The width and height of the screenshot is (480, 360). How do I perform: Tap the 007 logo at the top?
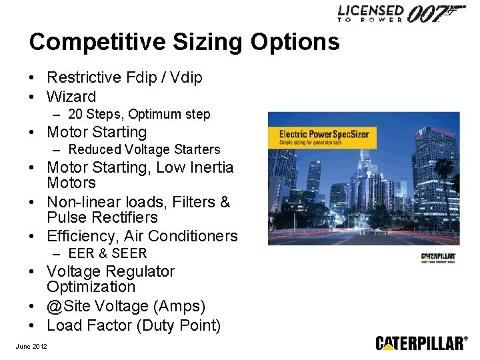pyautogui.click(x=436, y=13)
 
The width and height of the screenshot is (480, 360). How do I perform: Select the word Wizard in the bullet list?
pyautogui.click(x=71, y=97)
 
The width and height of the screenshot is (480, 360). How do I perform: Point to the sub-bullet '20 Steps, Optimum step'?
pyautogui.click(x=139, y=115)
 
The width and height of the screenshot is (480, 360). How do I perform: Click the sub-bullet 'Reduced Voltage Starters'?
pyautogui.click(x=144, y=150)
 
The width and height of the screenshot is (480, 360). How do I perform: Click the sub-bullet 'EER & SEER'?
pyautogui.click(x=107, y=254)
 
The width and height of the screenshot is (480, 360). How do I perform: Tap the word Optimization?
pyautogui.click(x=91, y=287)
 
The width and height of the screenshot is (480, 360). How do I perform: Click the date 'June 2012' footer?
pyautogui.click(x=31, y=345)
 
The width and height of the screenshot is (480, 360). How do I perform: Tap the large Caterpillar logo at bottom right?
pyautogui.click(x=421, y=343)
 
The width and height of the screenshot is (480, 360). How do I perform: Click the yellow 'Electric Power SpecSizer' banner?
pyautogui.click(x=323, y=136)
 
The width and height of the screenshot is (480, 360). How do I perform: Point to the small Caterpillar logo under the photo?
pyautogui.click(x=438, y=257)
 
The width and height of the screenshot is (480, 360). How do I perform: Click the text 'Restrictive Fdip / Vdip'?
pyautogui.click(x=124, y=78)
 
